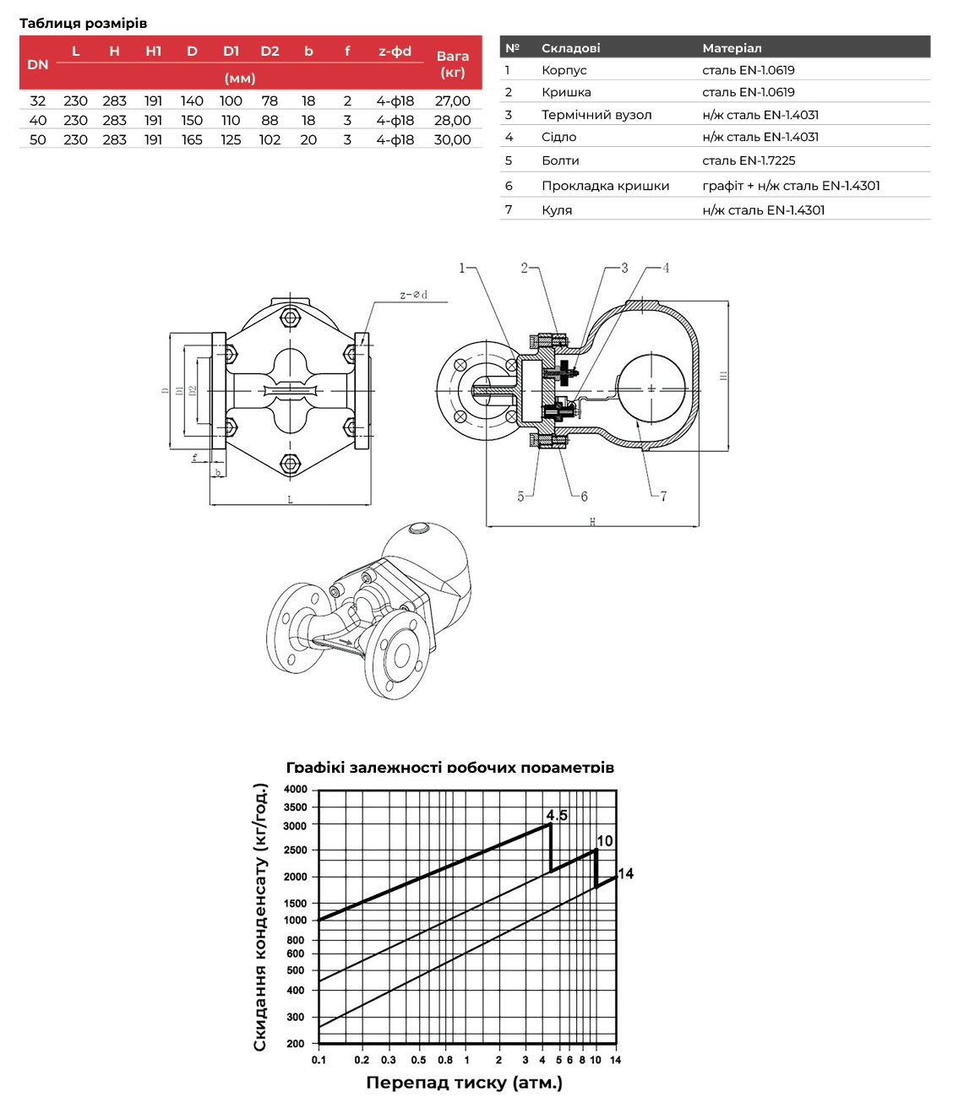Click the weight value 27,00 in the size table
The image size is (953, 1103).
coord(452,101)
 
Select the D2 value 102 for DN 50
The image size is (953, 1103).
coord(270,139)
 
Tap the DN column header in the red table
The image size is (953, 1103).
coord(38,64)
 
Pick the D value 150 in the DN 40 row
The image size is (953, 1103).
coord(192,120)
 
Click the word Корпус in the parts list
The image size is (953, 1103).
coord(564,70)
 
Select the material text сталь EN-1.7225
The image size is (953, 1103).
coord(749,160)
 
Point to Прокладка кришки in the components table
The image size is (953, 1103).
coord(605,186)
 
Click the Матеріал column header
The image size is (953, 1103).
coord(732,48)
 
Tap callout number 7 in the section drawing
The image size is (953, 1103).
coord(663,496)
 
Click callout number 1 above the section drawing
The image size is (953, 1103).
coord(462,268)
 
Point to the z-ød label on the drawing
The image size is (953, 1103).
coord(413,295)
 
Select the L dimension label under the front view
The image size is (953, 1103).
coord(290,500)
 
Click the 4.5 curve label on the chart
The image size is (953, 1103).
coord(557,816)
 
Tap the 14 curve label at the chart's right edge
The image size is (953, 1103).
coord(626,873)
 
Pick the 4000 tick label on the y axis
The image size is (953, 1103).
coord(296,790)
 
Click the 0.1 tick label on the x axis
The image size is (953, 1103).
coord(319,1060)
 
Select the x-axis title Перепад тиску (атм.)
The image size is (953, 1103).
coord(464,1083)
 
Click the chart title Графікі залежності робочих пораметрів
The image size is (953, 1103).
coord(450,768)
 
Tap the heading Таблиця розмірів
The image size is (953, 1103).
coord(83,23)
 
